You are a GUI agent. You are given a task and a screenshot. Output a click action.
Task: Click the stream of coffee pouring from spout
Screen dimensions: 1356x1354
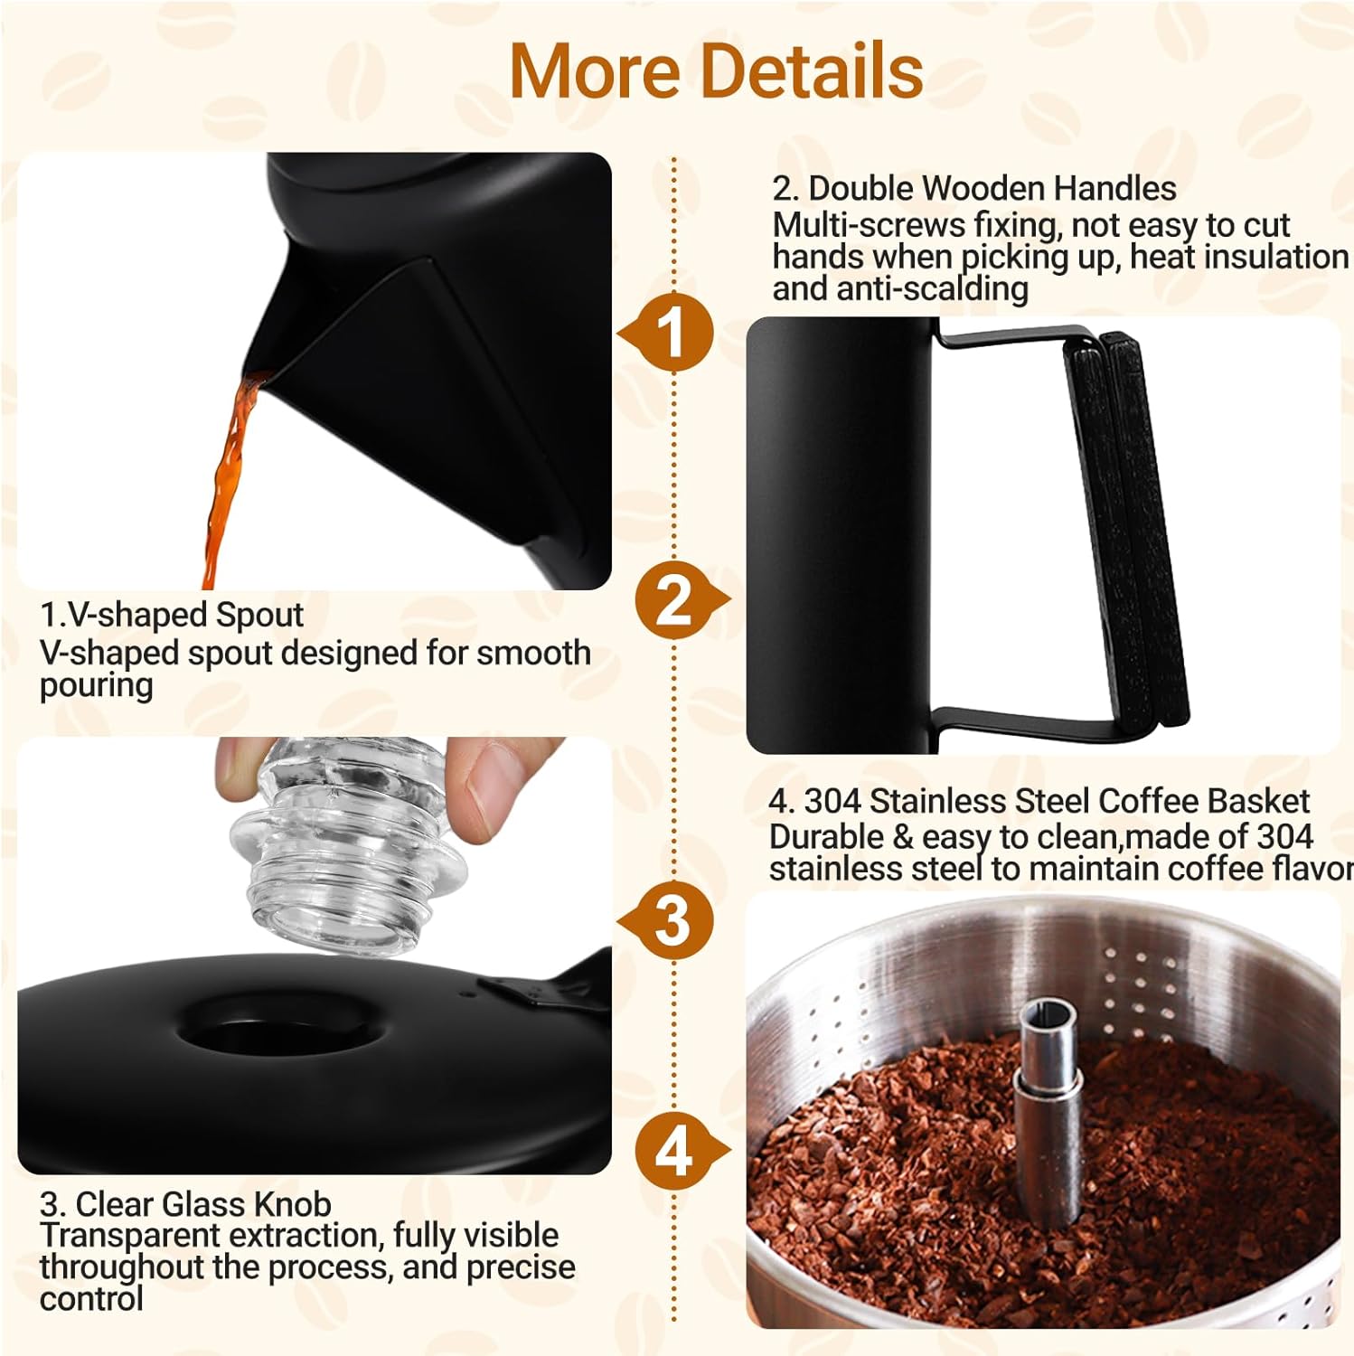[x=226, y=479]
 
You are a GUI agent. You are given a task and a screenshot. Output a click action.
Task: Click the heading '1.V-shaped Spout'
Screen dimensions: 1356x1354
[x=172, y=615]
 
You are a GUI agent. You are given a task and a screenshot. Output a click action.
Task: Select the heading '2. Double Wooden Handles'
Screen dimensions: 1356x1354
[x=973, y=188]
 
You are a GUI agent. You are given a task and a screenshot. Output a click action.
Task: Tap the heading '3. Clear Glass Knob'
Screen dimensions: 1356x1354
[x=185, y=1204]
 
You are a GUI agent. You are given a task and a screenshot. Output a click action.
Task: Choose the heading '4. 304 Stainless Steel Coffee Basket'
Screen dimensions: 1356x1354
[x=1039, y=801]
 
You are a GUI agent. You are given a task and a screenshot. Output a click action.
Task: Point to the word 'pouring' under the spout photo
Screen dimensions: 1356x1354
[x=96, y=685]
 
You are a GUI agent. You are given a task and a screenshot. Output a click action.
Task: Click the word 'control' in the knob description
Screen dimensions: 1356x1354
[x=91, y=1299]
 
